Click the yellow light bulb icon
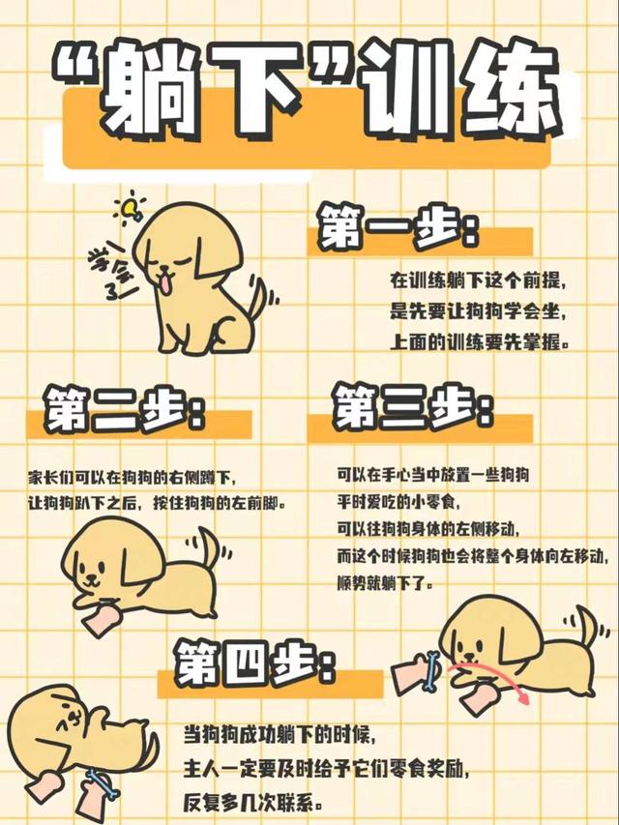tap(131, 209)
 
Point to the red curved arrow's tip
tap(524, 701)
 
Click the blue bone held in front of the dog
tap(431, 671)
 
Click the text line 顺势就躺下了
tap(385, 583)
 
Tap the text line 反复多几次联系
tap(252, 803)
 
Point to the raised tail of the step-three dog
tap(587, 625)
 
